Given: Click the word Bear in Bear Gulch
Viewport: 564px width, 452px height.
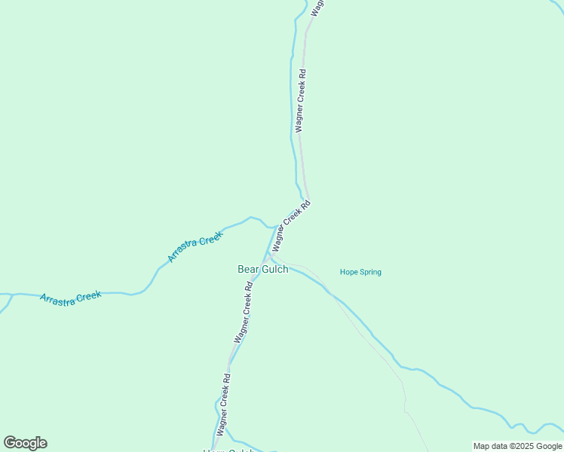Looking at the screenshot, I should click(x=249, y=269).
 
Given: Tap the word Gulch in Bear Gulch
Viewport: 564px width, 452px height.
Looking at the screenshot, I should click(x=274, y=269).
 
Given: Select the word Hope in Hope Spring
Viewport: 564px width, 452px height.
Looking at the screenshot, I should click(x=348, y=272).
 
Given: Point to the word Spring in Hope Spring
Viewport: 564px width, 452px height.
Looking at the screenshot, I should click(x=370, y=272).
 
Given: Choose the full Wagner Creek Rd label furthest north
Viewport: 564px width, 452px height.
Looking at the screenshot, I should click(x=302, y=101).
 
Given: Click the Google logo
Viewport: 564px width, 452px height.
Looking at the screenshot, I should click(x=26, y=443).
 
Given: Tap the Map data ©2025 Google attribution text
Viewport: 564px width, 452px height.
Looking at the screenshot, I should click(x=517, y=446).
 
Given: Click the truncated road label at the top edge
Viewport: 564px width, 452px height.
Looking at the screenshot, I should click(x=317, y=6).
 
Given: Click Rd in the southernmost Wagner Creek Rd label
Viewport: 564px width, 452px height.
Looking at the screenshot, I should click(x=228, y=379).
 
